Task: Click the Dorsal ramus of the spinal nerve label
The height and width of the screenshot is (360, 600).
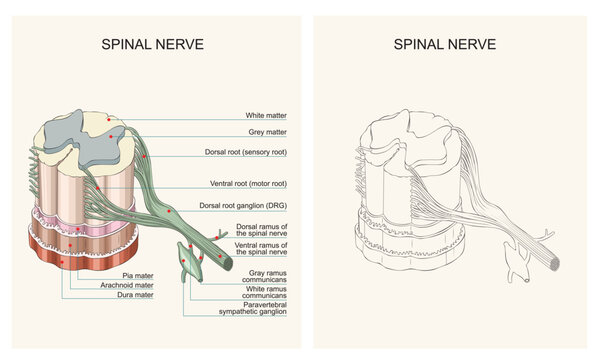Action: click(262, 231)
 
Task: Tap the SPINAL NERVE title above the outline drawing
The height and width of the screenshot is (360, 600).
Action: click(445, 44)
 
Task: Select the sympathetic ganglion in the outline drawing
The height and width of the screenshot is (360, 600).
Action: click(515, 263)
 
